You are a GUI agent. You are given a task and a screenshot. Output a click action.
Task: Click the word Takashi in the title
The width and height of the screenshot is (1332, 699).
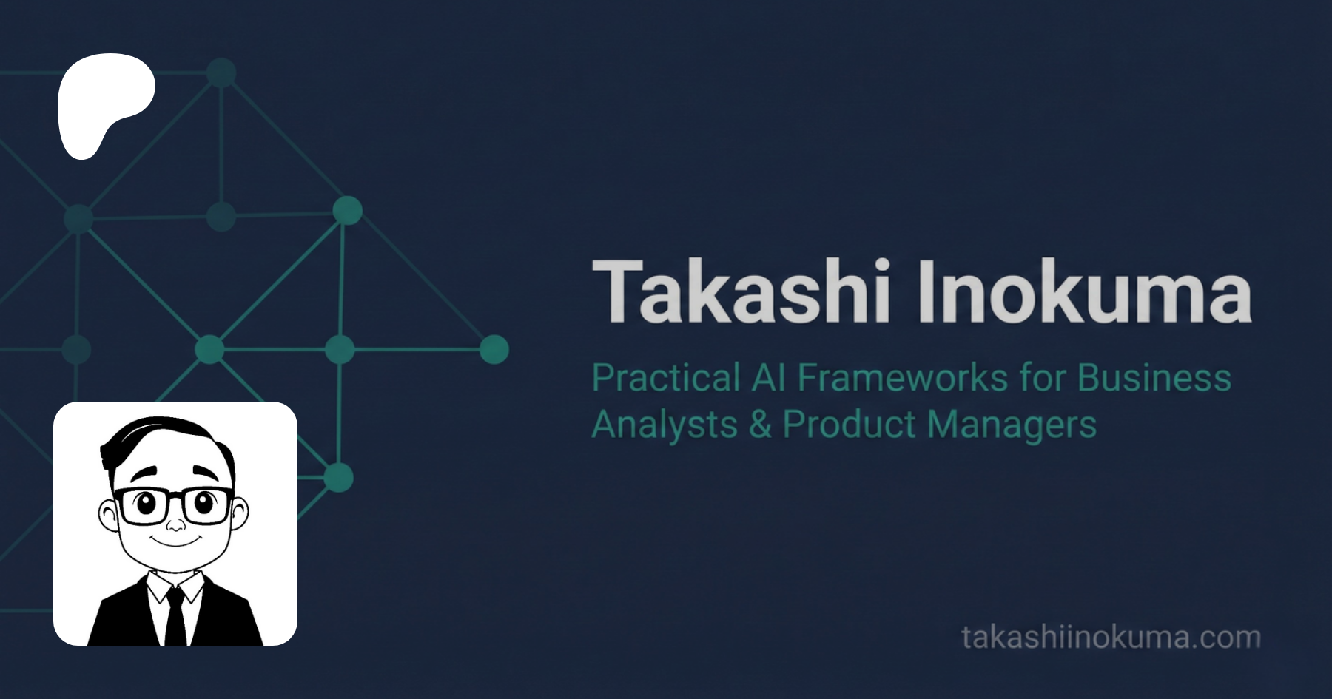[x=741, y=291]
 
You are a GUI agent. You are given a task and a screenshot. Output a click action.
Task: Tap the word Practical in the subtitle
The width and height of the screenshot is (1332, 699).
[x=666, y=378]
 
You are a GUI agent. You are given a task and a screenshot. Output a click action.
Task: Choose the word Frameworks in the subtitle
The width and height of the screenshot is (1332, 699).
[x=903, y=378]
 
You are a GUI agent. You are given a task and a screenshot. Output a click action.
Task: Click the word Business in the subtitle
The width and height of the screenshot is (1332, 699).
[x=1154, y=378]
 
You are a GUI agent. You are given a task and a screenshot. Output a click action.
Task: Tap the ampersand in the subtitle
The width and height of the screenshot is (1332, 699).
[x=760, y=425]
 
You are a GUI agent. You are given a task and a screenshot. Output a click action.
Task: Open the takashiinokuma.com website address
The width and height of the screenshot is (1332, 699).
[x=1111, y=638]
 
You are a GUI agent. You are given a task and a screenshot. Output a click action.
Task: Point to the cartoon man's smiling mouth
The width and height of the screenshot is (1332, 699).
[x=175, y=542]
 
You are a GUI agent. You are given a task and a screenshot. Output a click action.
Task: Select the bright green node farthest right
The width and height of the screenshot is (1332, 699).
[x=494, y=349]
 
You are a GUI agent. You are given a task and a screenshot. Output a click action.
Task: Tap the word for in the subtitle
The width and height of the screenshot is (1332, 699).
[x=1042, y=378]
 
